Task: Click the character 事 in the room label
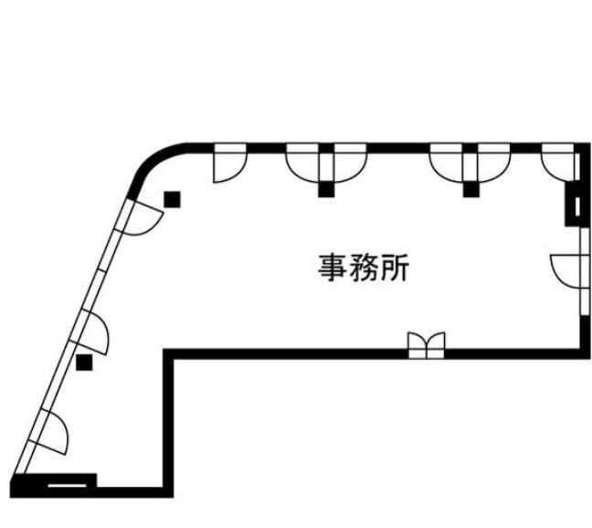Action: coord(333,268)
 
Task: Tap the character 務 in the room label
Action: coord(364,268)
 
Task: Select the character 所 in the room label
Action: coord(395,268)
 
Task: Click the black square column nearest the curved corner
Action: coord(172,200)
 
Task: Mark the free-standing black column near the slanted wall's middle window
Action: coord(84,363)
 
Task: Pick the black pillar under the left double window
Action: coord(326,190)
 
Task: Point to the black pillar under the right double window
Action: coord(470,190)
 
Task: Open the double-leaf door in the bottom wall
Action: coord(427,345)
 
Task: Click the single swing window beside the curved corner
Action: coord(230,163)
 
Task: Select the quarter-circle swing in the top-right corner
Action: coord(558,163)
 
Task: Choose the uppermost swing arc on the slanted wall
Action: coord(140,219)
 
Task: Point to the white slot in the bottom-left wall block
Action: coord(68,485)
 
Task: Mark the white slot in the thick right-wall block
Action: coord(577,206)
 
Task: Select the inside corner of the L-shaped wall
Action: coord(168,354)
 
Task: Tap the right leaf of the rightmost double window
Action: coord(494,163)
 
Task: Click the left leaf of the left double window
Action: coord(302,163)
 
